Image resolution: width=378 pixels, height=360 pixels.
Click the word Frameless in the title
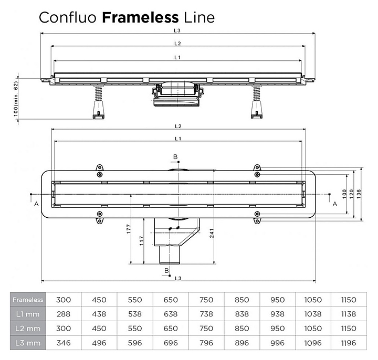[140, 17]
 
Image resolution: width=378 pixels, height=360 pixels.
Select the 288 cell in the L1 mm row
[64, 314]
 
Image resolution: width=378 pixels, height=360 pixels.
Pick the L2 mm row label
[27, 328]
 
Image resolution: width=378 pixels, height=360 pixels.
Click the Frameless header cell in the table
[27, 300]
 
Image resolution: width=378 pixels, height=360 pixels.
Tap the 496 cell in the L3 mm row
[99, 342]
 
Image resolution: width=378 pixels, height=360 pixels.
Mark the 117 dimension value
[142, 241]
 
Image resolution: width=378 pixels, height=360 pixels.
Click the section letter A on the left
[36, 205]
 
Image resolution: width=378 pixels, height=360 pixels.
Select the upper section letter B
[175, 157]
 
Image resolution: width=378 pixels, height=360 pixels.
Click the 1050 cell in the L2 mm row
[312, 328]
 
